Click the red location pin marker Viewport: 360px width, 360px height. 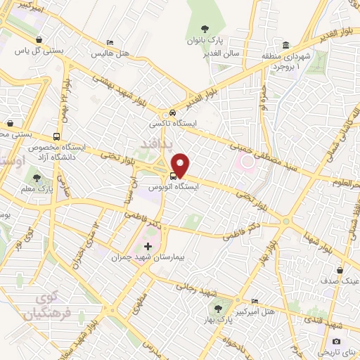click(181, 165)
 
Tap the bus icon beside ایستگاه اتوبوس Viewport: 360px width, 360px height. click(174, 176)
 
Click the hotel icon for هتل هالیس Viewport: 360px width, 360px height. click(109, 42)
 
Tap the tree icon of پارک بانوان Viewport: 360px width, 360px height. click(205, 29)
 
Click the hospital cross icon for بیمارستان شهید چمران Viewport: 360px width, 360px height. click(148, 247)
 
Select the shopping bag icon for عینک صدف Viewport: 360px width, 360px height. click(340, 270)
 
